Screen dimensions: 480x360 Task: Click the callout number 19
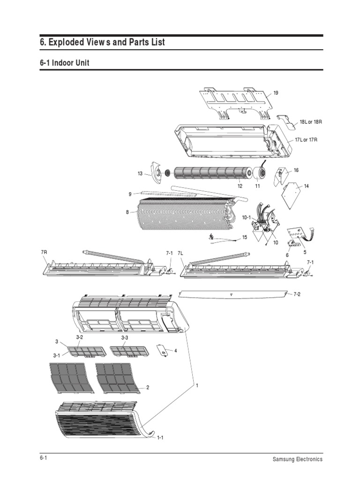tap(276, 93)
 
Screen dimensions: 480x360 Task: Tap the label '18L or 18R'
tap(312, 122)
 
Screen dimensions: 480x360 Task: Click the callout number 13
tap(140, 174)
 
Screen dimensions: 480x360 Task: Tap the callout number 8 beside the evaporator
tap(127, 212)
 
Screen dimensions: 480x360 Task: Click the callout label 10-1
tap(247, 217)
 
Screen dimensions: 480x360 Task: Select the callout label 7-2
tap(297, 294)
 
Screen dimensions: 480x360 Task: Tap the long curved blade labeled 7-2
tap(232, 294)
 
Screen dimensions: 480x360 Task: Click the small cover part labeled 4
tap(162, 350)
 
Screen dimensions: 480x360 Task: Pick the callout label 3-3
tap(125, 337)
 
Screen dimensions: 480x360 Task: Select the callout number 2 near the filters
tap(148, 387)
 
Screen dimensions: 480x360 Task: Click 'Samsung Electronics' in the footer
tap(298, 459)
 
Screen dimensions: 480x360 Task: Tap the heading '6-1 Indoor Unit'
tap(64, 63)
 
